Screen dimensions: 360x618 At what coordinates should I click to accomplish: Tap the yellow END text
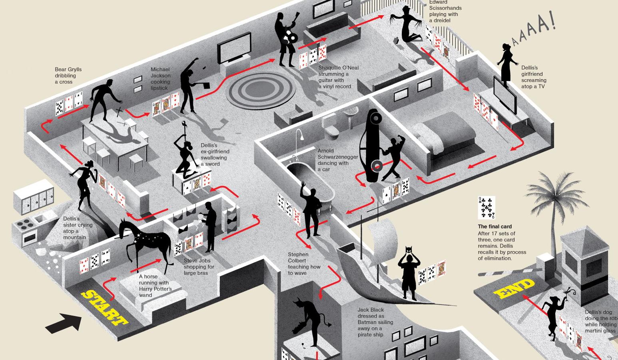(x=514, y=289)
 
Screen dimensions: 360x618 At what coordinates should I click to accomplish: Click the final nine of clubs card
(x=486, y=207)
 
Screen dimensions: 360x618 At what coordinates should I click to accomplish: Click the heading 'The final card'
(x=494, y=226)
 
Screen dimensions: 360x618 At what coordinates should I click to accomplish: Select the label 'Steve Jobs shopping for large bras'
(x=199, y=267)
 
